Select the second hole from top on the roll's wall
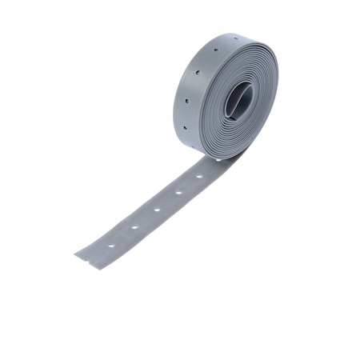click(x=196, y=74)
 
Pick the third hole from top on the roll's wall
click(x=186, y=102)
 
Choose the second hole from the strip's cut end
click(x=134, y=226)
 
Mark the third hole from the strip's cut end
click(x=157, y=210)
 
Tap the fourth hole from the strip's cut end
click(x=178, y=193)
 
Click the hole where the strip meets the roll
click(x=218, y=159)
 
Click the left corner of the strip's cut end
click(x=75, y=254)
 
